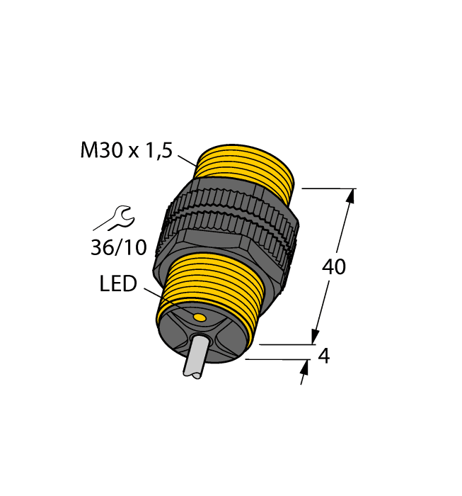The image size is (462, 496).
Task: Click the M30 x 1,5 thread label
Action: tap(127, 151)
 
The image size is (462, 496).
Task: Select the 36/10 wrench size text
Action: tap(118, 247)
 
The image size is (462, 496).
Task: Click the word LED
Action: tap(117, 284)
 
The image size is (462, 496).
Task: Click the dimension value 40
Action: tap(334, 267)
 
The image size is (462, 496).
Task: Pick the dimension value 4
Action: tap(323, 356)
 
